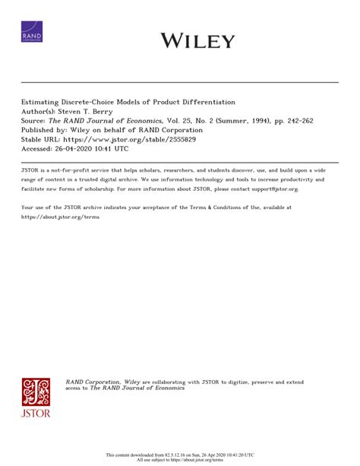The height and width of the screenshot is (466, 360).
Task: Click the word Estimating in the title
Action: click(44, 101)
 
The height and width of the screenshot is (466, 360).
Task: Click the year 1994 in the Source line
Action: click(251, 119)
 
